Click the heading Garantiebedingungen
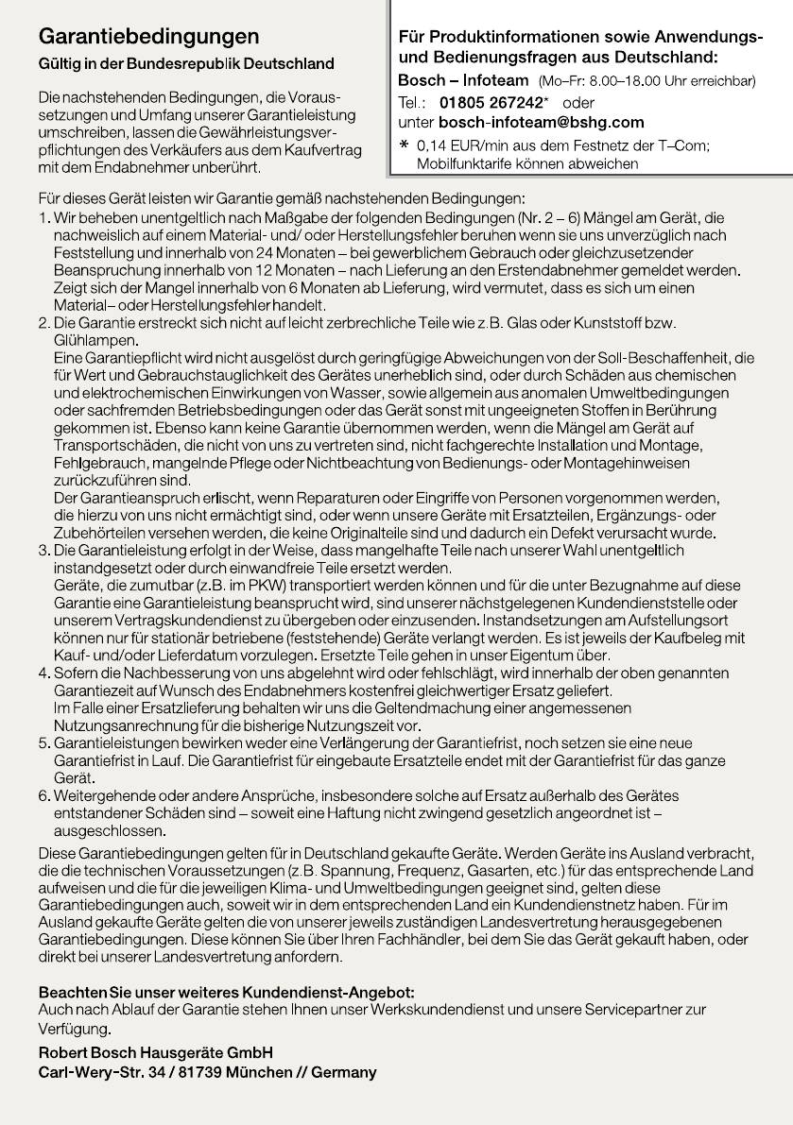pyautogui.click(x=148, y=37)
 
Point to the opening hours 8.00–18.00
pyautogui.click(x=632, y=82)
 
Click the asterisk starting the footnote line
pyautogui.click(x=405, y=145)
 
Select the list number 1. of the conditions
pyautogui.click(x=43, y=218)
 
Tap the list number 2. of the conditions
pyautogui.click(x=43, y=323)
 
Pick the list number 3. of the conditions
pyautogui.click(x=43, y=550)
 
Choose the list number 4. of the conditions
pyautogui.click(x=43, y=673)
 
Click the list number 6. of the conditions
pyautogui.click(x=43, y=796)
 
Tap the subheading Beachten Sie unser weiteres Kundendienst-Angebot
pyautogui.click(x=226, y=992)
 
